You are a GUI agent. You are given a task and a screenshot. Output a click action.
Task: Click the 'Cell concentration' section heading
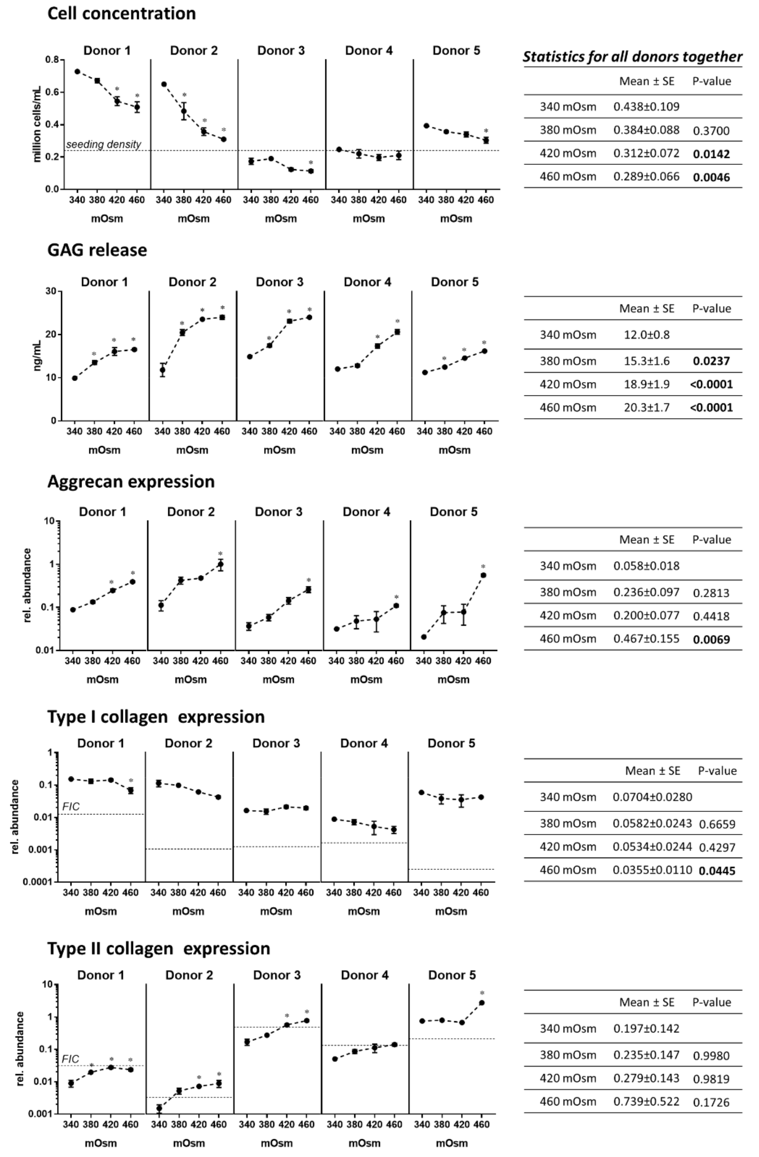pyautogui.click(x=122, y=14)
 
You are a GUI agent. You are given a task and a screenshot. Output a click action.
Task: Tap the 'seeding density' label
pyautogui.click(x=103, y=144)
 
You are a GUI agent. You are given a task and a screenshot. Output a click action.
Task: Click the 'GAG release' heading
pyautogui.click(x=97, y=250)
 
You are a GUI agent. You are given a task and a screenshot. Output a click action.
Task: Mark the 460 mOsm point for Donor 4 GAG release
pyautogui.click(x=397, y=332)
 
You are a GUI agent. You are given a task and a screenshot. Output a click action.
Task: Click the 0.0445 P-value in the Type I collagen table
pyautogui.click(x=717, y=871)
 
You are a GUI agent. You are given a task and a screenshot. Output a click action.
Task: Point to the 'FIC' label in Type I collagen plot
pyautogui.click(x=71, y=807)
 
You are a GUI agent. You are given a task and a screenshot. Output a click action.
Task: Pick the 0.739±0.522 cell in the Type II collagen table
pyautogui.click(x=646, y=1101)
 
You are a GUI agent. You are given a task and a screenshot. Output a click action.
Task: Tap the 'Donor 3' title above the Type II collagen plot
pyautogui.click(x=277, y=975)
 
